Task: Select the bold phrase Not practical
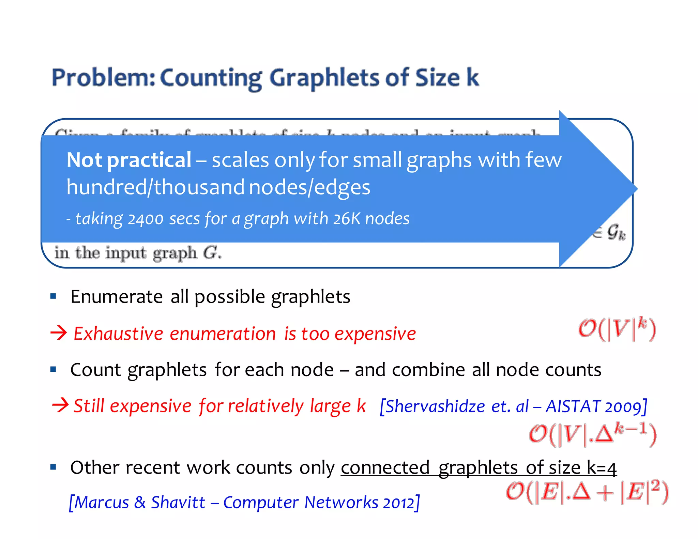[129, 160]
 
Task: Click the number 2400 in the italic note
[146, 219]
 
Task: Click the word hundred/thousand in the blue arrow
[155, 187]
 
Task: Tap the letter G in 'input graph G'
[210, 253]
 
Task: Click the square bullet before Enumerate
[53, 296]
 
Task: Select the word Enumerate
[116, 296]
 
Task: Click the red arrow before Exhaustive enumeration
[59, 333]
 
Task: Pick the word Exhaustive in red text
[118, 334]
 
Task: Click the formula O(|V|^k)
[617, 329]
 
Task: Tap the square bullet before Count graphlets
[53, 369]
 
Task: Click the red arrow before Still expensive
[60, 405]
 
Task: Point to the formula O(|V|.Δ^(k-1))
[592, 435]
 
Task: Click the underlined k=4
[602, 467]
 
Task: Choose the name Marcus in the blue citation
[102, 503]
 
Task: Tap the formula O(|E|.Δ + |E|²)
[587, 492]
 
